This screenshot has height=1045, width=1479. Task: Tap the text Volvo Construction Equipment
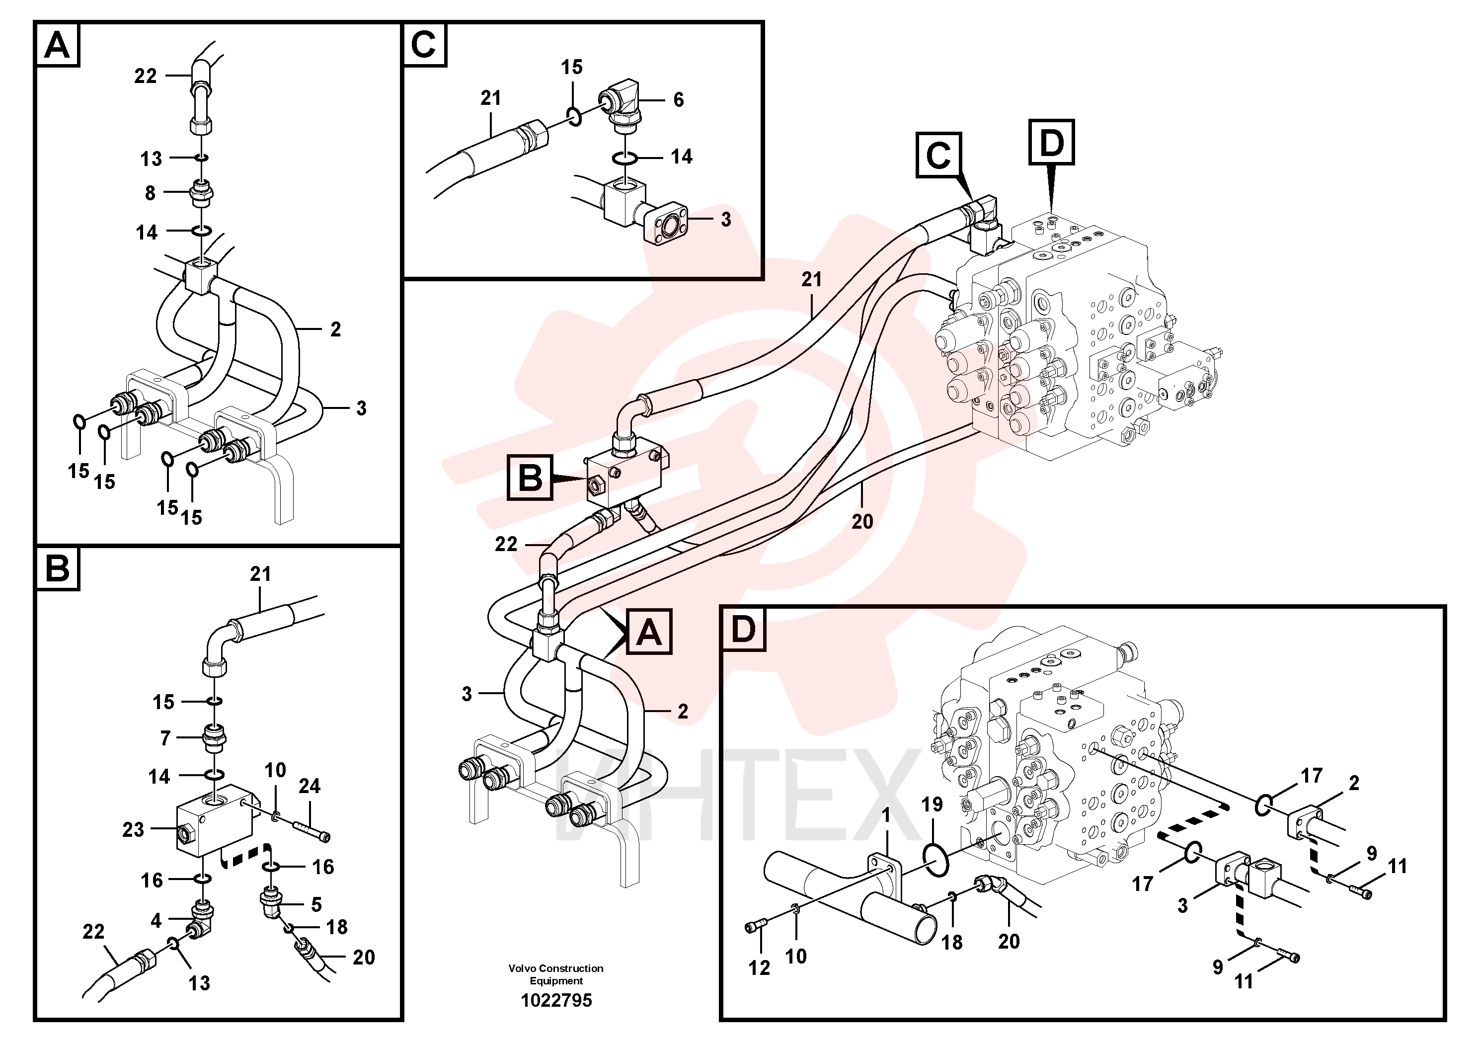point(556,974)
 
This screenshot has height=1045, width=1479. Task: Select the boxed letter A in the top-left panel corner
point(57,45)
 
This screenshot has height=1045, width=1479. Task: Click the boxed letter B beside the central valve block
point(530,478)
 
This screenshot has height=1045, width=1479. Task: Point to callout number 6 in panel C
point(678,100)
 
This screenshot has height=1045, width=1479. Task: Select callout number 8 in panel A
point(150,193)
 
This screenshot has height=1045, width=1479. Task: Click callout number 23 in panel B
point(133,829)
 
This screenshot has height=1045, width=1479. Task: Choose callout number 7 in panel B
point(165,738)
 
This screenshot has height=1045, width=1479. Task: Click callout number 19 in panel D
point(932,804)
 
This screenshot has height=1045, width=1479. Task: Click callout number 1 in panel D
point(886,815)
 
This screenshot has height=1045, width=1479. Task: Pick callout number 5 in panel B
point(316,904)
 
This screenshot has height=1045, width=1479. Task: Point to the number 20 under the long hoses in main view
point(862,521)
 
